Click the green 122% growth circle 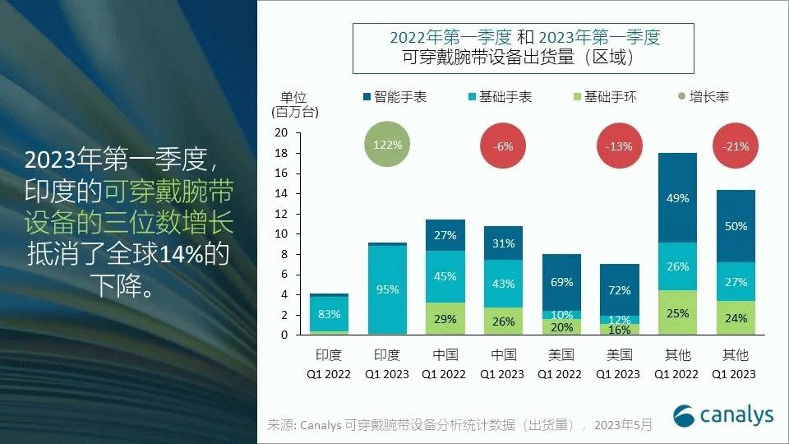(387, 145)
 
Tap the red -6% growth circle (503, 146)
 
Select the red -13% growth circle (620, 146)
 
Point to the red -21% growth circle (736, 146)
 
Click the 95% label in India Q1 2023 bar (387, 289)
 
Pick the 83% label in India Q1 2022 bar (329, 313)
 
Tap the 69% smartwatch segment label (561, 282)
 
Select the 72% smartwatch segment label (620, 290)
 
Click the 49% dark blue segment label (677, 198)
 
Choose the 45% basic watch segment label (445, 276)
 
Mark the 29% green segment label (445, 318)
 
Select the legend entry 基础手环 (603, 97)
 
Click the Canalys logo (723, 415)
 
